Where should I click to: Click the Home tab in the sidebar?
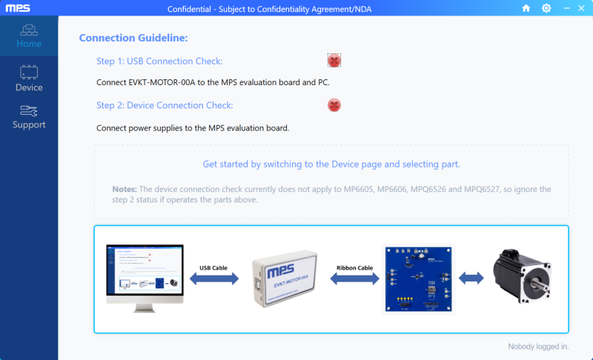pos(29,36)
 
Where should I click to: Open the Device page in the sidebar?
pos(29,79)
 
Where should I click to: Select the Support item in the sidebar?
pos(29,116)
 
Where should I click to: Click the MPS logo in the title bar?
pos(18,7)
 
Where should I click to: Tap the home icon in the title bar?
pos(526,8)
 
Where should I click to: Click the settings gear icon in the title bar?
pos(546,8)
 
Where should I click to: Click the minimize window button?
pos(566,8)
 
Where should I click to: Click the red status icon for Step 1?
pos(334,61)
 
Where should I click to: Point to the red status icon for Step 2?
pos(334,105)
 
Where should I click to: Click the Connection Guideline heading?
pos(133,38)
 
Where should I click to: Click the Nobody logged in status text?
pos(538,346)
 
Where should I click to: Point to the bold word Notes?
pos(124,190)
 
